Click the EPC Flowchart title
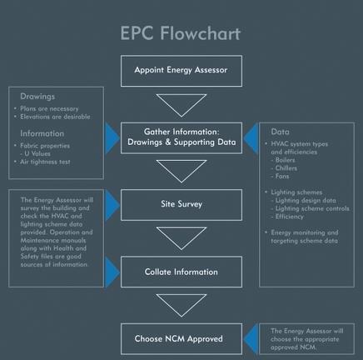[x=181, y=33]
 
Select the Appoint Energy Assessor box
[x=181, y=71]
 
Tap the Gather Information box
[x=181, y=137]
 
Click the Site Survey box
[x=181, y=203]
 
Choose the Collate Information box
[x=181, y=272]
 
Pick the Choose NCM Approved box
[x=181, y=338]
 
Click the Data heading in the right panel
[x=281, y=132]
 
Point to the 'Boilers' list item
[x=286, y=161]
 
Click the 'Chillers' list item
[x=287, y=169]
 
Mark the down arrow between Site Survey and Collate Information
[x=181, y=237]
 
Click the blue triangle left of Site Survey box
[x=112, y=203]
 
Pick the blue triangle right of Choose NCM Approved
[x=251, y=338]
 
